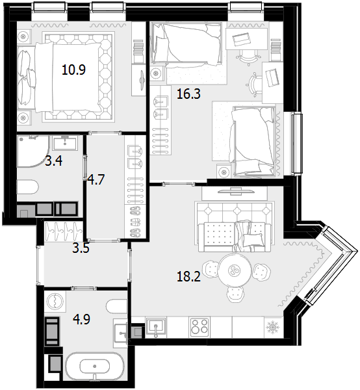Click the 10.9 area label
click(73, 70)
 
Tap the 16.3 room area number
click(188, 94)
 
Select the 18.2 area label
click(188, 276)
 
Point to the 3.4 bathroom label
click(54, 161)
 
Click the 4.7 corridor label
click(96, 179)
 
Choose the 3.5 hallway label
click(81, 248)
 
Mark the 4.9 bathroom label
click(81, 319)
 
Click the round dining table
click(235, 270)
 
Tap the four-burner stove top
click(199, 327)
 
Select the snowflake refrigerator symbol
click(272, 327)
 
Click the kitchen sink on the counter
click(156, 327)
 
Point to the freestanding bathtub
click(94, 367)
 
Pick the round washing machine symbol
click(55, 301)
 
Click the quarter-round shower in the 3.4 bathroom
click(33, 151)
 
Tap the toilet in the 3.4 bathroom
click(27, 187)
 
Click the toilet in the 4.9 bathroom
click(117, 307)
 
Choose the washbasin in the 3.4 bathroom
click(65, 143)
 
